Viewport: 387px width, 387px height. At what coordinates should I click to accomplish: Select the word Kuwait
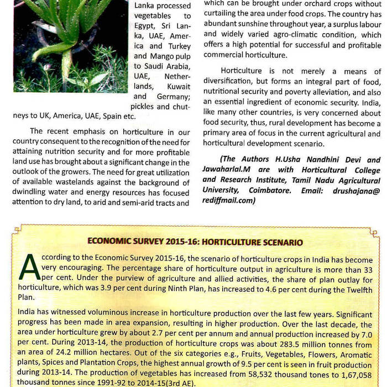[178, 87]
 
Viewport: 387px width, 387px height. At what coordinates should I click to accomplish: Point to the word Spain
[106, 117]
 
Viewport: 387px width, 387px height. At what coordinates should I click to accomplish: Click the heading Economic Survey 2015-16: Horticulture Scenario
[195, 242]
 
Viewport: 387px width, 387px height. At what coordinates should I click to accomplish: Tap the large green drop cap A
[29, 268]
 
